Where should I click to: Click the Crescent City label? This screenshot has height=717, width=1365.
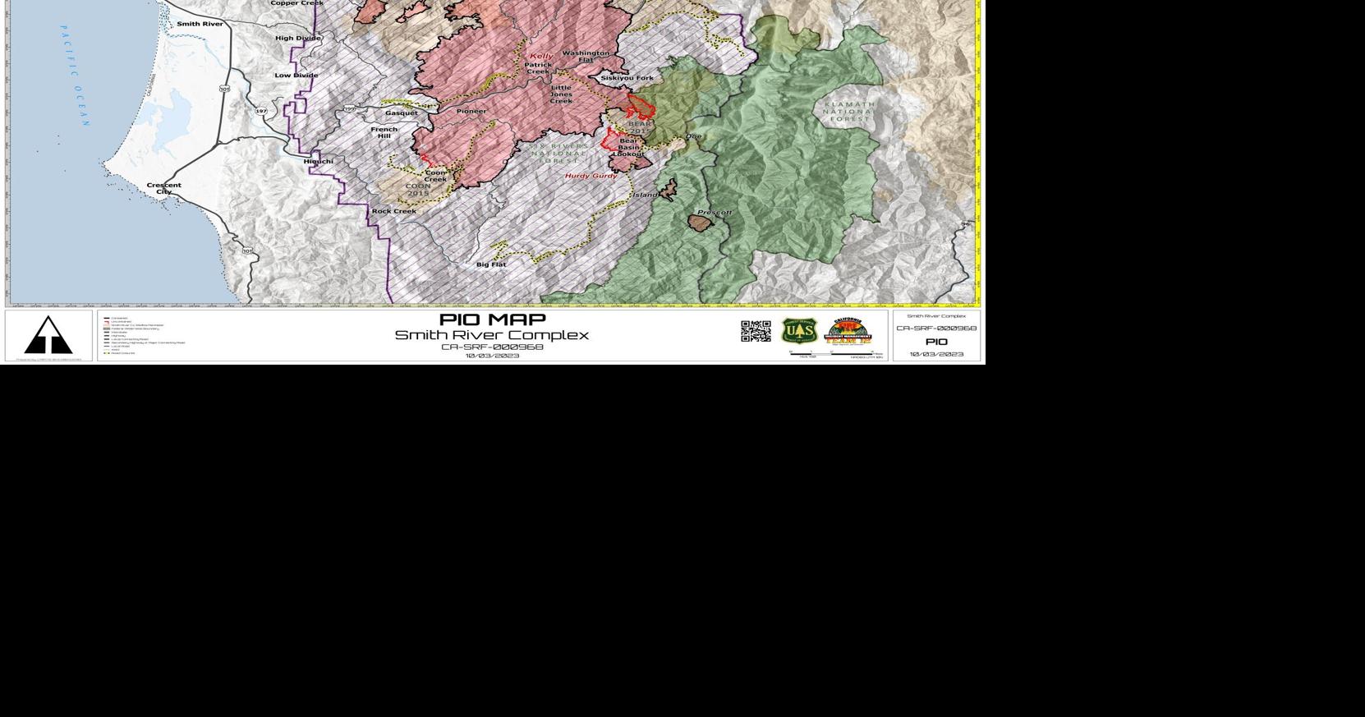[163, 188]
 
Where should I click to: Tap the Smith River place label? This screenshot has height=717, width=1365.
[200, 24]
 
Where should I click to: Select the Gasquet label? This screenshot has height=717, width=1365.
[401, 113]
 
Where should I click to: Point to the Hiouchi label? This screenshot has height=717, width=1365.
[318, 161]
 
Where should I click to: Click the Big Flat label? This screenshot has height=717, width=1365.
[491, 264]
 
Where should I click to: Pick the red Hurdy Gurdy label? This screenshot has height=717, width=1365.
[591, 176]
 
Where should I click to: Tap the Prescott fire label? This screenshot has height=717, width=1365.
[714, 213]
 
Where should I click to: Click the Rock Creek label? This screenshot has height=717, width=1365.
[393, 211]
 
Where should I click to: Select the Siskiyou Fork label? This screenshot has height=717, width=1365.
[627, 78]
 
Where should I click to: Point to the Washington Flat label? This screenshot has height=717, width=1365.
[586, 57]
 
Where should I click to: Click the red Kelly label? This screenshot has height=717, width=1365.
[541, 56]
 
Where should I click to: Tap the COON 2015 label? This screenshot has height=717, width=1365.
[418, 190]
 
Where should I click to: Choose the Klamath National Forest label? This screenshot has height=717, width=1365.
[848, 112]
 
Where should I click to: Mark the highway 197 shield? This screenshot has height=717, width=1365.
[261, 111]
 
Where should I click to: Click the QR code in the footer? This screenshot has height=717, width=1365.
[756, 331]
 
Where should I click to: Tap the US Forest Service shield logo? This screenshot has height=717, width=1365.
[798, 331]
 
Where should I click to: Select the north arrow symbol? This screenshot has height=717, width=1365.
[48, 335]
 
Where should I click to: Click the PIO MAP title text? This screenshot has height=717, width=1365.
[492, 319]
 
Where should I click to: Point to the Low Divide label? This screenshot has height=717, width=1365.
[296, 76]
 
